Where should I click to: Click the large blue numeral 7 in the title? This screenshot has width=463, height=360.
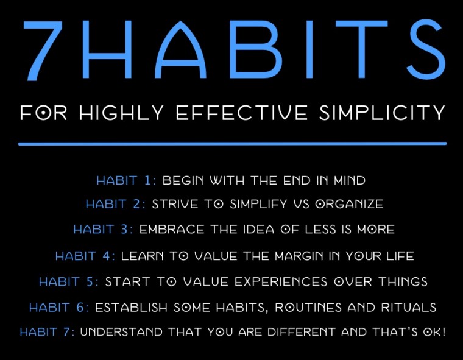tap(44, 50)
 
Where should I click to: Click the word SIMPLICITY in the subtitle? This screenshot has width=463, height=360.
tap(382, 112)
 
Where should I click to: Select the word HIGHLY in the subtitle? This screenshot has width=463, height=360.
tap(121, 112)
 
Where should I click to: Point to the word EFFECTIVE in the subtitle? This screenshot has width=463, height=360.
tap(241, 112)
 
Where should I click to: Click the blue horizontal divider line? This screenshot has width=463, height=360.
tap(232, 144)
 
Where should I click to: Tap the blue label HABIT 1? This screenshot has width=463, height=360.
tap(126, 180)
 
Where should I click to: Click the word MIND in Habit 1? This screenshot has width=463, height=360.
tap(350, 180)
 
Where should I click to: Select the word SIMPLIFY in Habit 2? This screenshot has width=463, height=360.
tap(258, 204)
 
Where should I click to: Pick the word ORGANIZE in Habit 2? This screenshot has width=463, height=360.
tap(349, 204)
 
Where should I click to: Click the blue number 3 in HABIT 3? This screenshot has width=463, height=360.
tap(124, 230)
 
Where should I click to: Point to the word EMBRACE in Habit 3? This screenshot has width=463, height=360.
tap(172, 230)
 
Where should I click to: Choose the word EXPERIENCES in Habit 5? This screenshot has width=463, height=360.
tap(281, 281)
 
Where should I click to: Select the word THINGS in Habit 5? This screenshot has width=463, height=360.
tap(403, 281)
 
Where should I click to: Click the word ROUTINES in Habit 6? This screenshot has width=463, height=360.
tap(308, 308)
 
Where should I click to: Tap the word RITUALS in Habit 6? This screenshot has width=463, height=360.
tap(409, 308)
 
